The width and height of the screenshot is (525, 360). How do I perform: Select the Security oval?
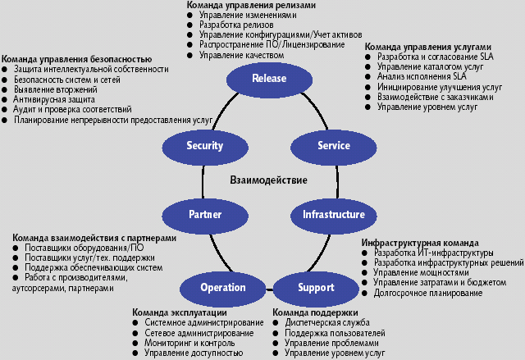tap(204, 146)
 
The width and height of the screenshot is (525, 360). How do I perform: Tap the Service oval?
tap(333, 146)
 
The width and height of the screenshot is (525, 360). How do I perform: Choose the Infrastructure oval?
tap(333, 214)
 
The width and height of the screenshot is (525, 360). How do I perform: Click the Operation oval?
tap(222, 287)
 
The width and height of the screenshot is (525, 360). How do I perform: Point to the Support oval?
tap(316, 287)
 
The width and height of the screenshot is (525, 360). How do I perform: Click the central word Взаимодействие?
tap(269, 180)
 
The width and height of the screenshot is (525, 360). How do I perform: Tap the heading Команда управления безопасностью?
tap(76, 60)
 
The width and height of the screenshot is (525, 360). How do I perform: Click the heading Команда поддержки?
tap(315, 312)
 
